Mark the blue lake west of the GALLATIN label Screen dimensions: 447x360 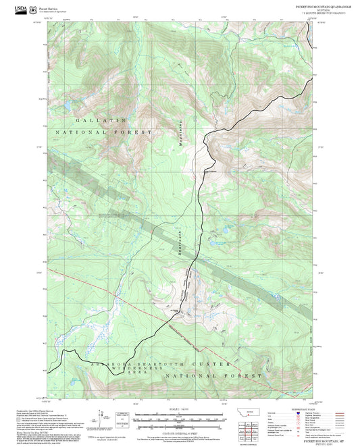68,106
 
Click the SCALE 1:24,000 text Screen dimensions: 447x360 179,410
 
